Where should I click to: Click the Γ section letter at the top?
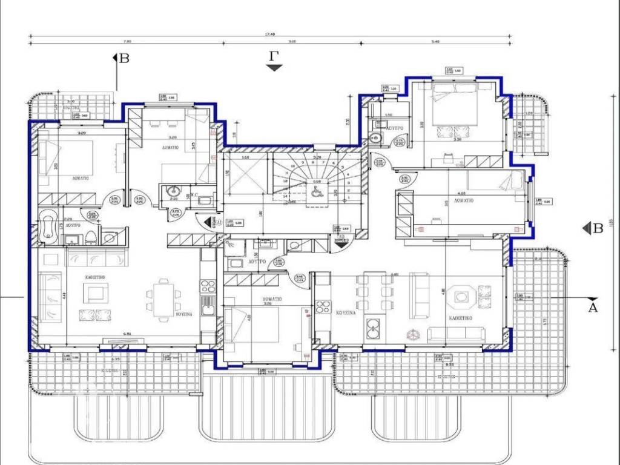[x=275, y=56]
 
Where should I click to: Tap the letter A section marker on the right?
[x=593, y=308]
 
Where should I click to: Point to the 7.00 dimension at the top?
[x=128, y=42]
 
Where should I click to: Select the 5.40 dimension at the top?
[x=435, y=42]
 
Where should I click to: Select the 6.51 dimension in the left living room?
[x=127, y=334]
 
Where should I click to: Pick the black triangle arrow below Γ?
[x=275, y=68]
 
